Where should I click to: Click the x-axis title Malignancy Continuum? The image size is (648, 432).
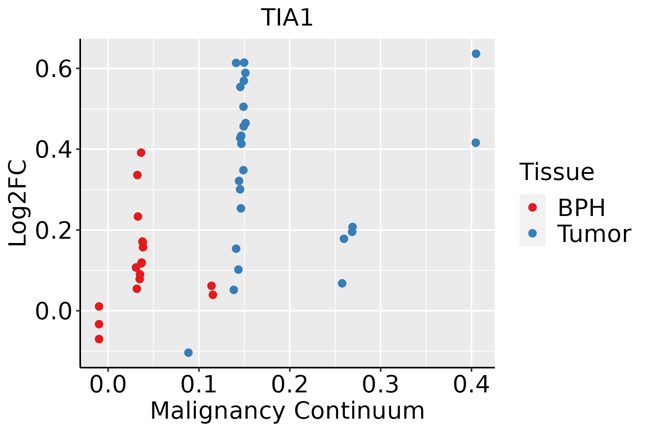click(287, 411)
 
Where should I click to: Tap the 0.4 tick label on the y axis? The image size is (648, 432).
click(53, 150)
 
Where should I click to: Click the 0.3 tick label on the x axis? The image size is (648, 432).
click(380, 385)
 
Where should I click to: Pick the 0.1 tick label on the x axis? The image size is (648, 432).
click(199, 385)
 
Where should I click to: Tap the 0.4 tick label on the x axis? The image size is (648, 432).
click(471, 385)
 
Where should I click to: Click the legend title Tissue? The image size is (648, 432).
click(557, 172)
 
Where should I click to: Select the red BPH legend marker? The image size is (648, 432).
click(532, 207)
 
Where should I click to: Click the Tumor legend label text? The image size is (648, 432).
click(594, 234)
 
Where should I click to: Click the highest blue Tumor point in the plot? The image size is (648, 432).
click(476, 54)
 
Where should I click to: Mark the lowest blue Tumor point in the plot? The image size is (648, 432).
click(188, 352)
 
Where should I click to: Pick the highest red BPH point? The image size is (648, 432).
click(141, 153)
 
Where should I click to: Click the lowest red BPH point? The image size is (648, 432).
click(99, 339)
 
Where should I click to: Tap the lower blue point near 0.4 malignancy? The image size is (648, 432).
click(476, 143)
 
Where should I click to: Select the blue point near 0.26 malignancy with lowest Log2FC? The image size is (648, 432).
click(342, 283)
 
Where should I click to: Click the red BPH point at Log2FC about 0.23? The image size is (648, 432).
click(138, 216)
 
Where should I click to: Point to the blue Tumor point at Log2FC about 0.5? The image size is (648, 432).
click(243, 107)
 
